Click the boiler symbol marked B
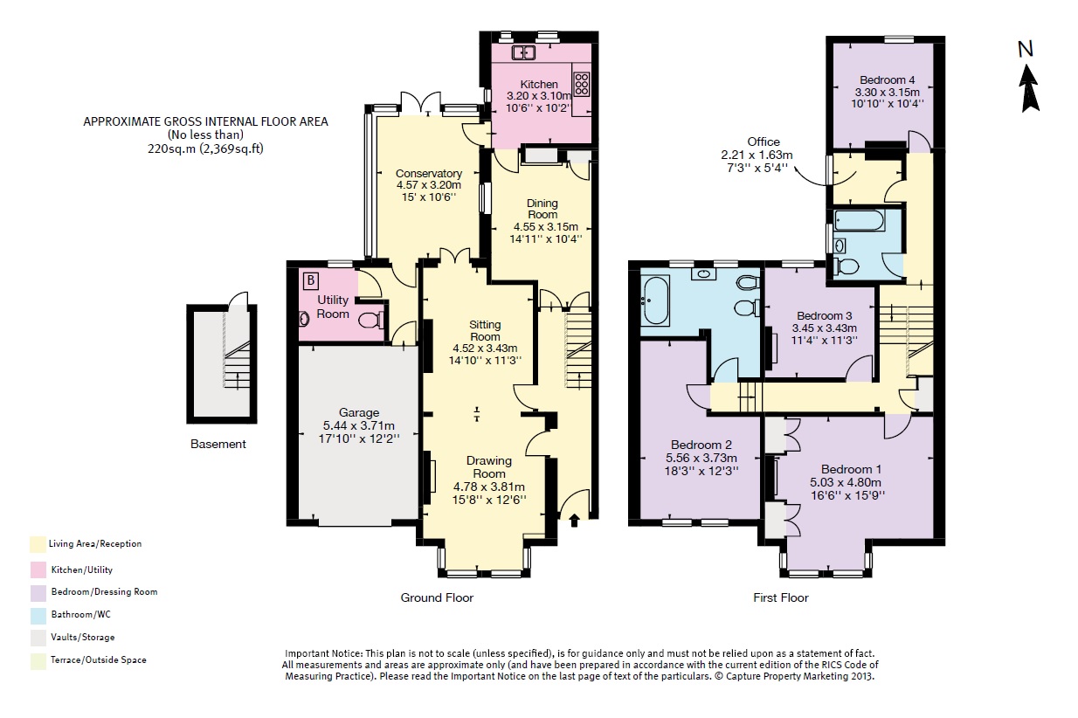311,280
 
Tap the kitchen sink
523,52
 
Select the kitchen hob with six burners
581,84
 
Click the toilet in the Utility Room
371,320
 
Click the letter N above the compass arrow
1026,49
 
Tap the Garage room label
359,412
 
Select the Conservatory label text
429,173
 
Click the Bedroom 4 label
887,79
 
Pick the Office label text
764,142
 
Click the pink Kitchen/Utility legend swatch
38,570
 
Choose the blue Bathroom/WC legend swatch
38,616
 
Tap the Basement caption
218,444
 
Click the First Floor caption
781,597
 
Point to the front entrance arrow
574,521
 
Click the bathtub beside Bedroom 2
655,300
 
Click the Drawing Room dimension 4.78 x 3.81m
489,486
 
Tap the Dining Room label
542,209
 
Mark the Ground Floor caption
437,597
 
